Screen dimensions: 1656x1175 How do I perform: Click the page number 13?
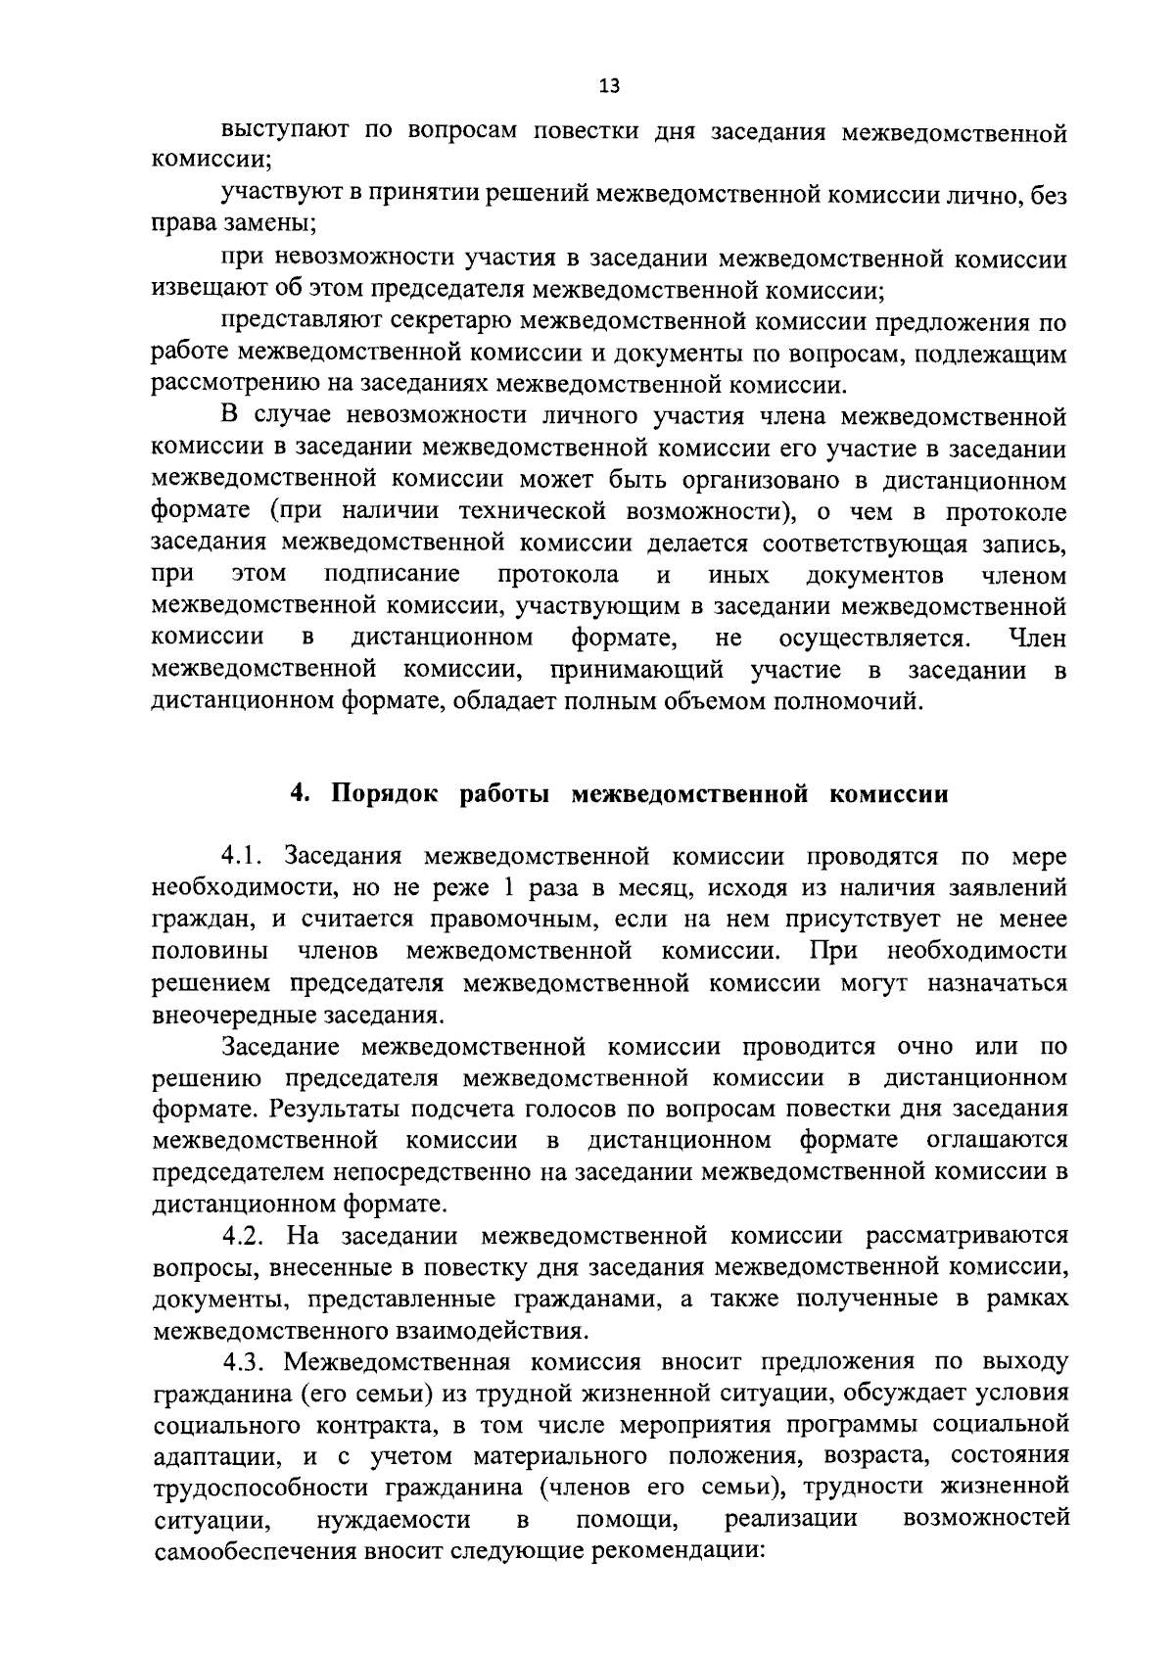[609, 86]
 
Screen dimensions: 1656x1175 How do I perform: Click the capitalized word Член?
[1037, 639]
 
